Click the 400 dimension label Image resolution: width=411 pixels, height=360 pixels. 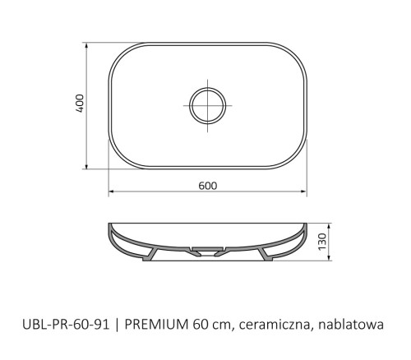coord(80,104)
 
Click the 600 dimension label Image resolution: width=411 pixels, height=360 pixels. coord(208,186)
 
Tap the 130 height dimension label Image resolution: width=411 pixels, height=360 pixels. coord(322,242)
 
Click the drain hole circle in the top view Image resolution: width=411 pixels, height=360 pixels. coord(208,105)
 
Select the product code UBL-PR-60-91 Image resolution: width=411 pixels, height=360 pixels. coord(66,325)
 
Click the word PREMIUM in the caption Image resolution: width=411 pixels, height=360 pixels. coord(156,325)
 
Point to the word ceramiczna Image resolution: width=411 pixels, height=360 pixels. coord(276,325)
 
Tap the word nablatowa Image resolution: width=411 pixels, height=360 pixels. coord(351,325)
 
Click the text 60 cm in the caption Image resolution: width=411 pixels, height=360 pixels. coord(211,325)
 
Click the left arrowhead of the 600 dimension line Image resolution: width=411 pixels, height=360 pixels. coord(111,192)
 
